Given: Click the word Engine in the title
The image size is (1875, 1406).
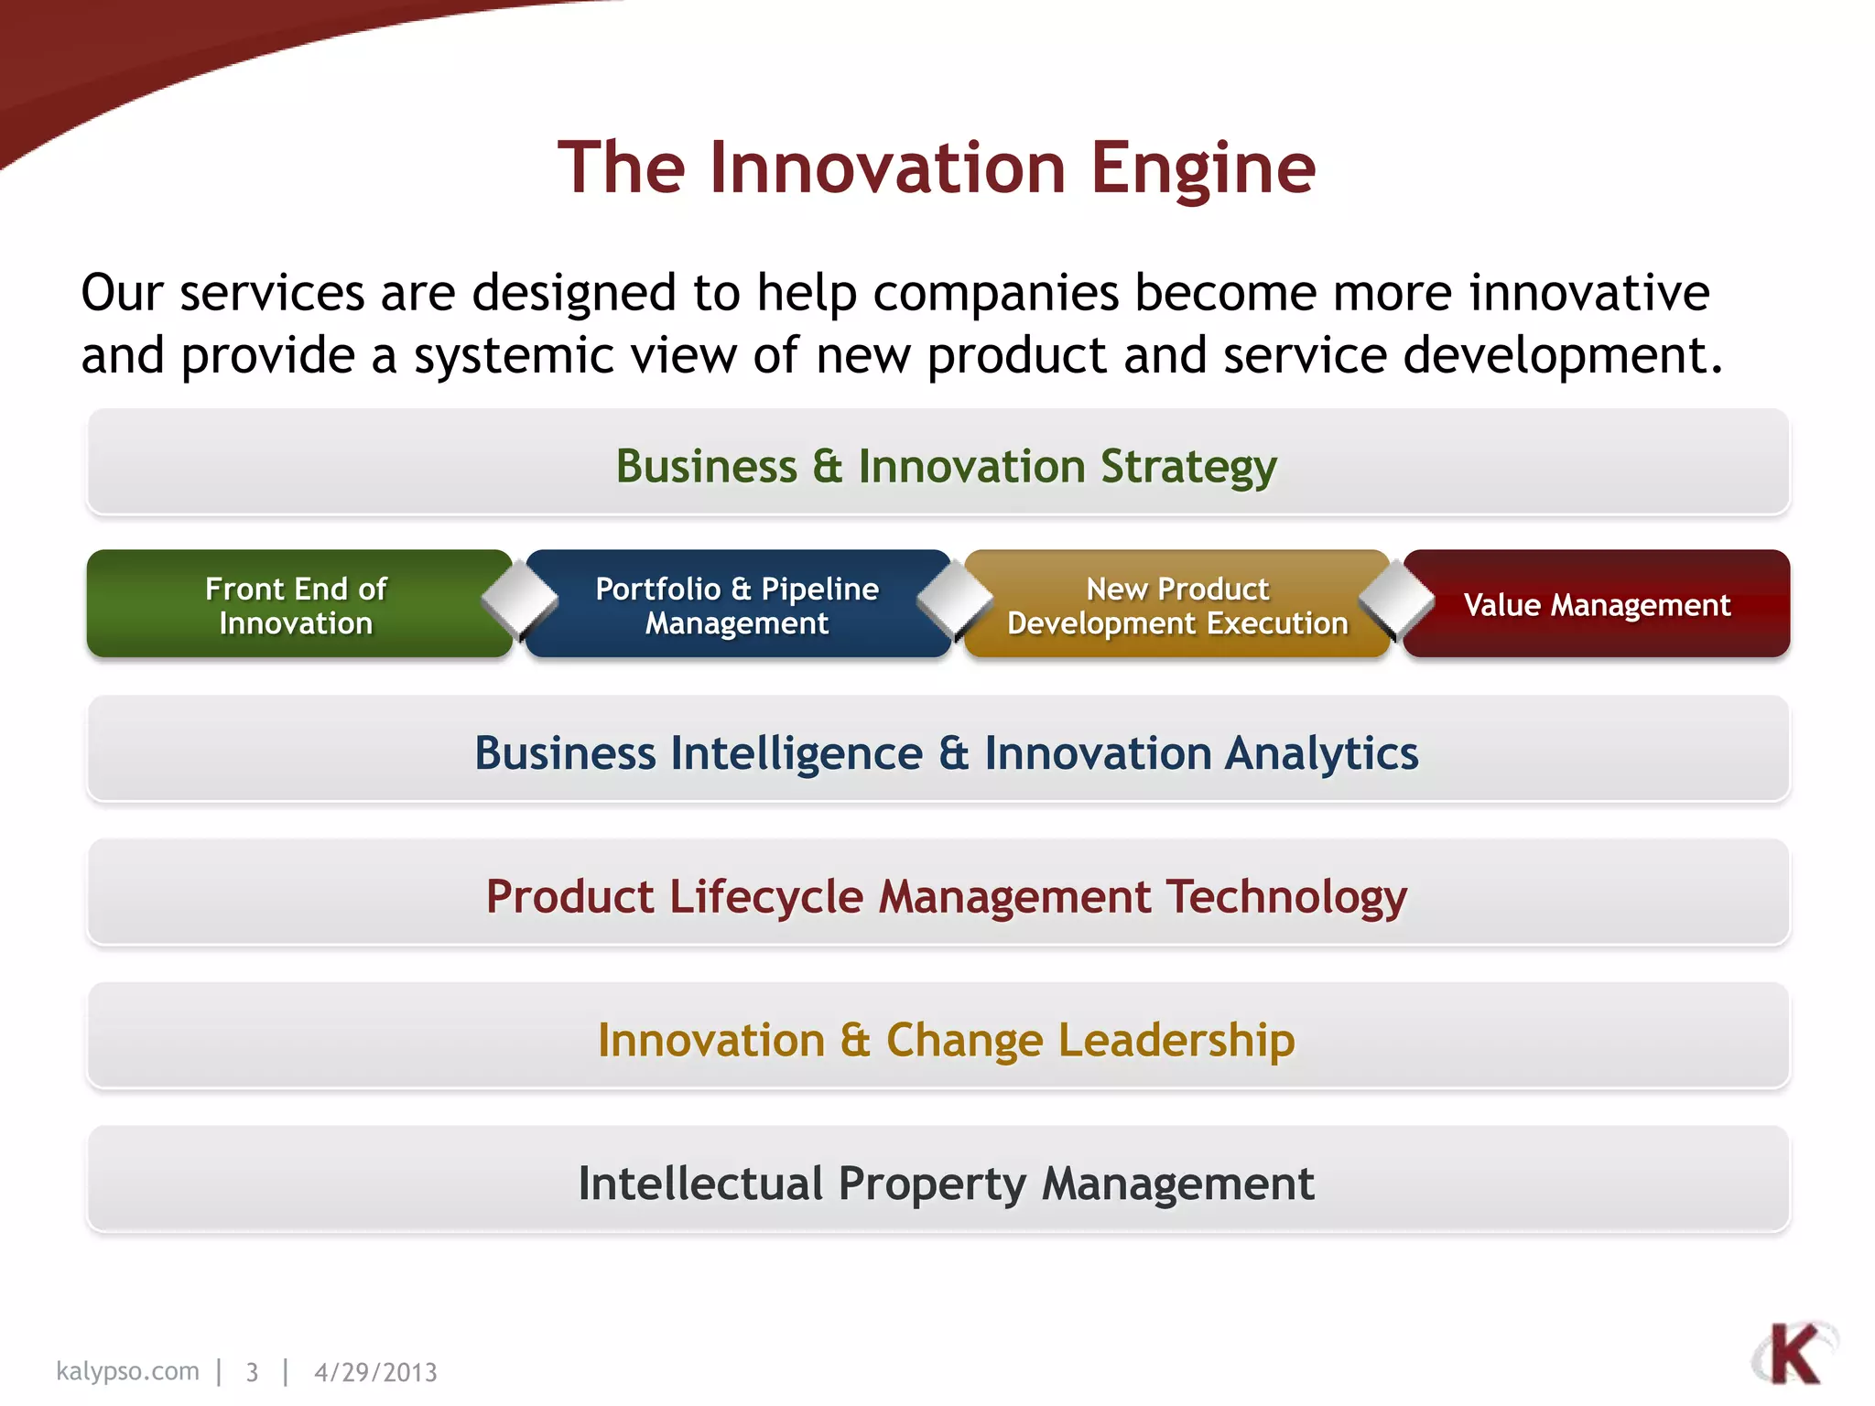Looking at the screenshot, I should pos(1202,169).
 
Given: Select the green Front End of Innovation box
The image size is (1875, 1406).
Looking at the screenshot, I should pos(296,605).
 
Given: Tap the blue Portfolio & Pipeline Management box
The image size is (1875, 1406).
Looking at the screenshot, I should pos(737,605).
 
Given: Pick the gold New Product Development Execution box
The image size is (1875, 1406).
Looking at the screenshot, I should pos(1177,605).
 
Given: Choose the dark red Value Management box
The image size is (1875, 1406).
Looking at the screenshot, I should pos(1597,605).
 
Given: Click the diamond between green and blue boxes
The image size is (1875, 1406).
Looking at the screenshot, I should pos(519,600).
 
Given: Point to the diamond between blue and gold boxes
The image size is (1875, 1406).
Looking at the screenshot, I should pos(955,600).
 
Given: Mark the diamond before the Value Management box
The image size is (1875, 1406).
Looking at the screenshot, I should pos(1396,600).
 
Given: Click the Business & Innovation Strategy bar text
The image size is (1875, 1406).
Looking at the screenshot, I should pos(946,466).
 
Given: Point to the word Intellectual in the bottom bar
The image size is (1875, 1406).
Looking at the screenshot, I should pos(700,1184).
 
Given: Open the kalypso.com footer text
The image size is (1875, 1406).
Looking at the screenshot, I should pos(127,1371).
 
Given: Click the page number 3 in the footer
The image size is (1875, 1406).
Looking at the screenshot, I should pos(252,1372).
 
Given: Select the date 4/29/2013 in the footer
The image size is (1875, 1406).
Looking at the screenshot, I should pos(375,1372).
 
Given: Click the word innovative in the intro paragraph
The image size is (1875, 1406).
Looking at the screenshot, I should pos(1589,293).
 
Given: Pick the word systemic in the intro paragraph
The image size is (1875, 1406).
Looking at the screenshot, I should pos(513,355).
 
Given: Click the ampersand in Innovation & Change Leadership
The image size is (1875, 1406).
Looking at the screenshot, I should pos(855,1040).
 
